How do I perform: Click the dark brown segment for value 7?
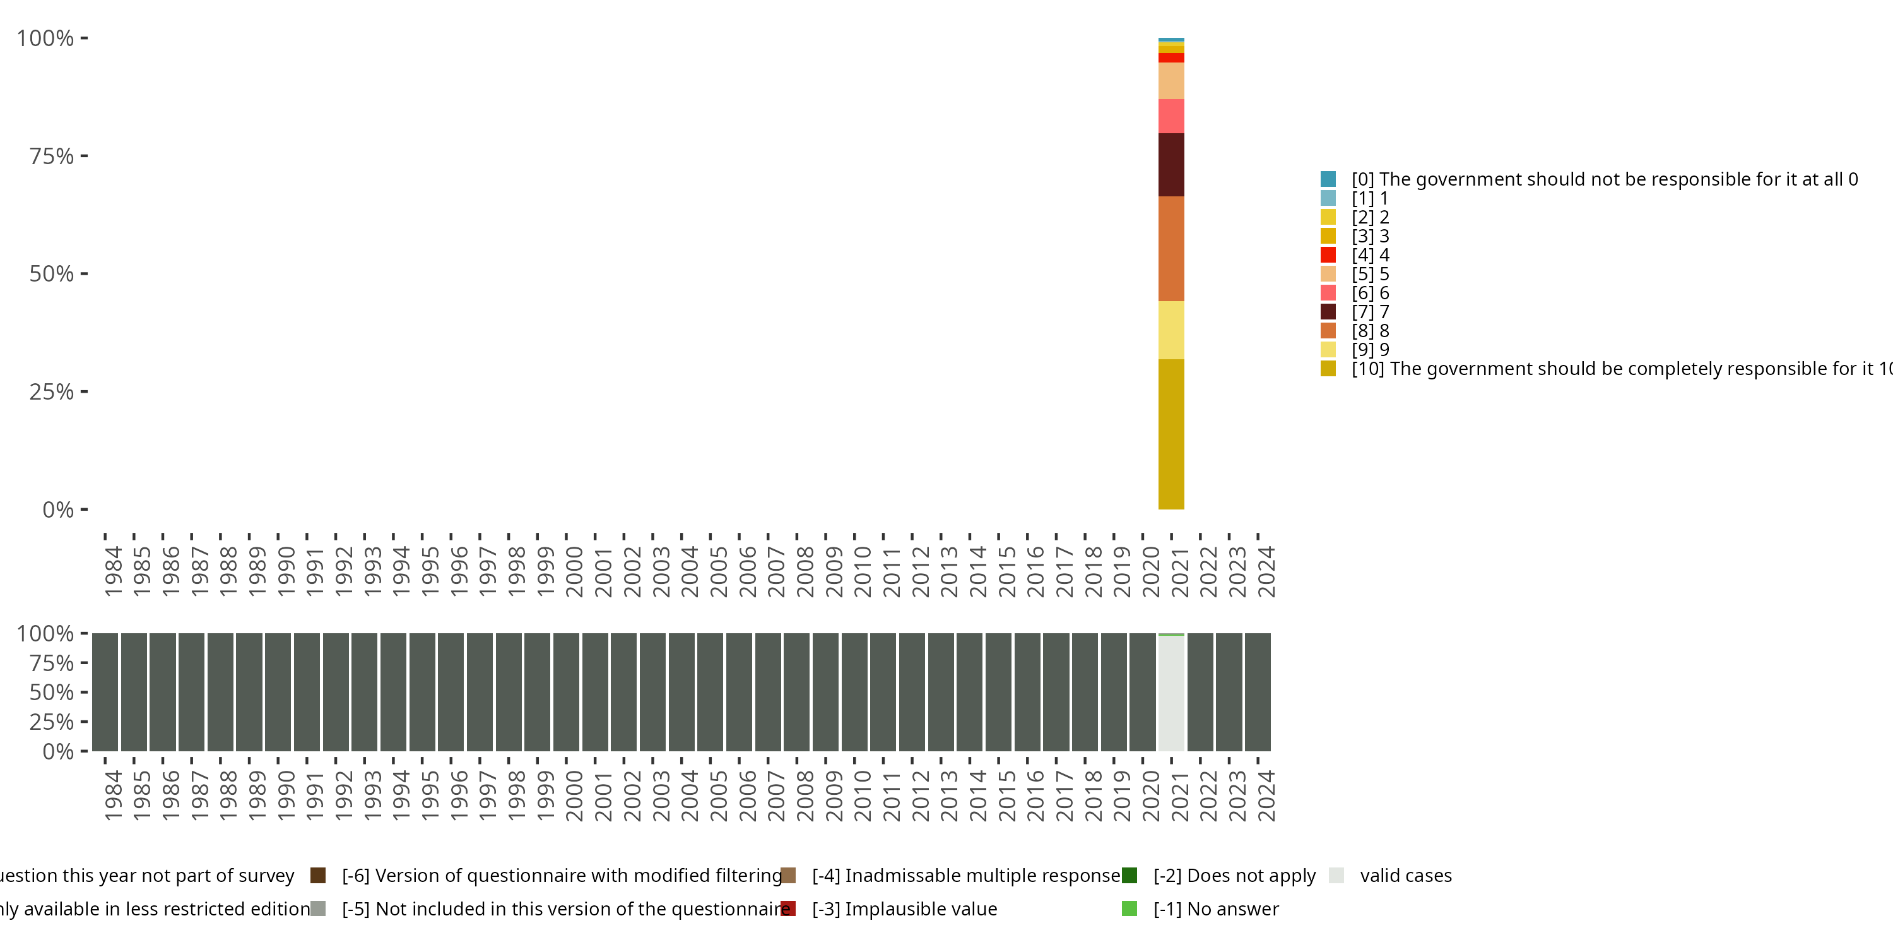(1171, 165)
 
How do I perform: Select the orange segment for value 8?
(1171, 249)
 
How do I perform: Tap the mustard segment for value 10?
(1171, 434)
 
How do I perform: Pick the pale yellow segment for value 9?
(1171, 330)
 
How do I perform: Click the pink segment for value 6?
(1171, 116)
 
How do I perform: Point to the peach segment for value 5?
(1171, 81)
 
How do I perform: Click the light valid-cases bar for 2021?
(1171, 693)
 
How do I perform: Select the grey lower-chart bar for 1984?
(105, 692)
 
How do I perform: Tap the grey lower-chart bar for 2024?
(1258, 692)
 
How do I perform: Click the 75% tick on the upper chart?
(52, 157)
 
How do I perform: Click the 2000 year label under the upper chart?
(574, 572)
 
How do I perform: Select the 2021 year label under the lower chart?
(1179, 796)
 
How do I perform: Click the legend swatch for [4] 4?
(1328, 255)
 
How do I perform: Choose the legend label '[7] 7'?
(1371, 312)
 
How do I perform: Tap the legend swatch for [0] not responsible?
(1328, 179)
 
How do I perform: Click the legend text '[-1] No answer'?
(1216, 908)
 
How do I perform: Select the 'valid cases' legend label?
(1406, 876)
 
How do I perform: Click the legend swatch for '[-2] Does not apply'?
(1129, 876)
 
